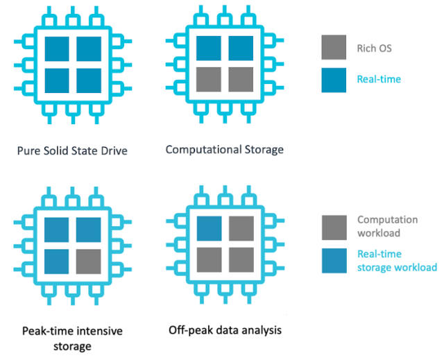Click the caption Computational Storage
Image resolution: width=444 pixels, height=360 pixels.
[225, 149]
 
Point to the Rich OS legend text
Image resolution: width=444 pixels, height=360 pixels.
[375, 47]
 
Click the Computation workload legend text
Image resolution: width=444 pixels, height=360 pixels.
[387, 226]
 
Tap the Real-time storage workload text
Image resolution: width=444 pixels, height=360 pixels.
[396, 261]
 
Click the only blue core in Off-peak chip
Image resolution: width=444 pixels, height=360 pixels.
[209, 229]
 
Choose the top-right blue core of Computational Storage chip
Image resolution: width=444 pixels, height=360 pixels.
[241, 49]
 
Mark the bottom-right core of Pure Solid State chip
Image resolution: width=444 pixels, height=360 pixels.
[89, 79]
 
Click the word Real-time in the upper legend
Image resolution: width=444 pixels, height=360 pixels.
[379, 79]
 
